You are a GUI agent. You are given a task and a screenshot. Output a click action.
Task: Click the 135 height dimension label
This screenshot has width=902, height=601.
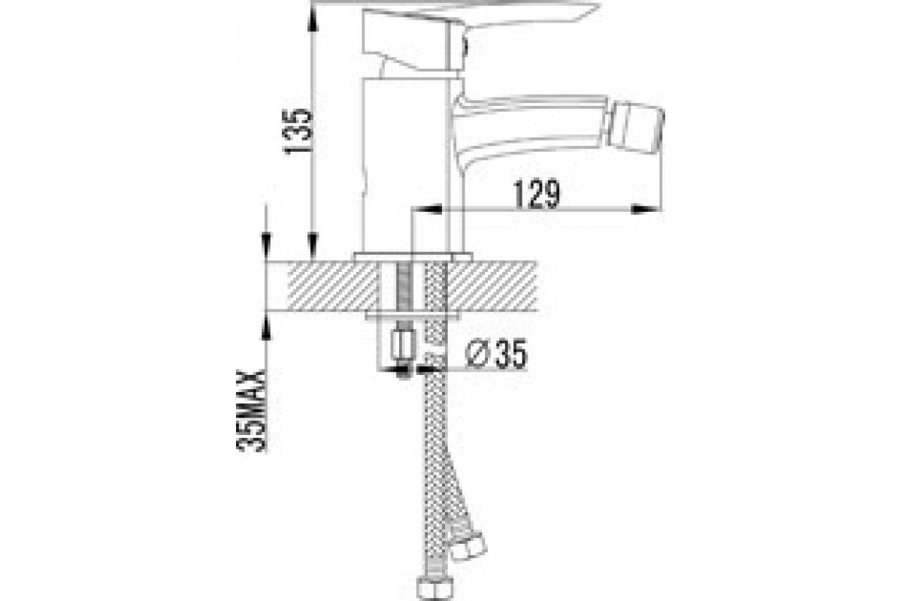(x=298, y=131)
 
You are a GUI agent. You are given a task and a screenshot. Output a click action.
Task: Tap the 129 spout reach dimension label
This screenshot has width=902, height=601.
(x=537, y=194)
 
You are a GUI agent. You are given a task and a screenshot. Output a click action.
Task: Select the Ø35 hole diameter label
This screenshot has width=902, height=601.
(x=495, y=353)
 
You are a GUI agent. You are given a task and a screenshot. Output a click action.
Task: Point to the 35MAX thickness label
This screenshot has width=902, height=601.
(x=251, y=411)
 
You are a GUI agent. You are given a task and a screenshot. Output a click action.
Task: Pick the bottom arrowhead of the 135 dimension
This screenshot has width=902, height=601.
(x=313, y=246)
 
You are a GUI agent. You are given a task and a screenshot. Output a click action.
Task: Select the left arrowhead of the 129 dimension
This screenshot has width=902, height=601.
(x=427, y=209)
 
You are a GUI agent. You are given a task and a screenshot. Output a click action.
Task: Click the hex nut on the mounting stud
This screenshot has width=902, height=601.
(x=404, y=344)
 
